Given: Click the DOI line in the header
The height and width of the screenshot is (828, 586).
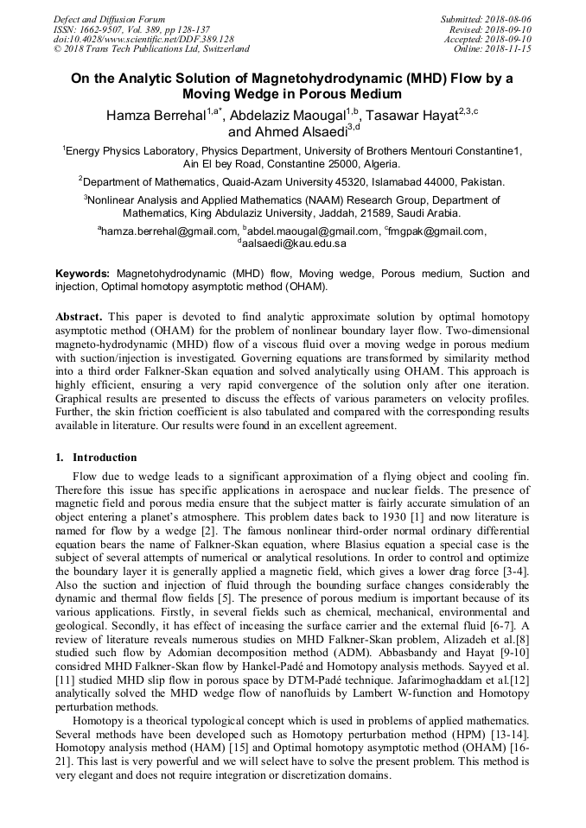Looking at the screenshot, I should coord(143,39).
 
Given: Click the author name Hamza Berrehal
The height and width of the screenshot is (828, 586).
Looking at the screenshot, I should coord(156,116).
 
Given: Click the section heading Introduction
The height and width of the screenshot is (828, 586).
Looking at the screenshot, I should coord(104,457).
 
